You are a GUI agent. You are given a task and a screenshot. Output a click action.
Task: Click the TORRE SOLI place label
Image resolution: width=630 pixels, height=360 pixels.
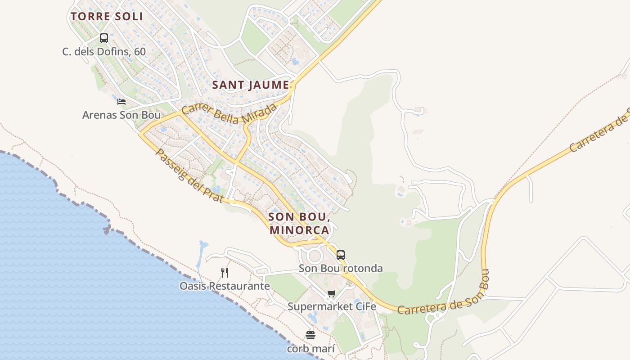point(107,17)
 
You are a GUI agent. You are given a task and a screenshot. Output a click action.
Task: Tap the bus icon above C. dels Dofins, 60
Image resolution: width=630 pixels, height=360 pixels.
point(104,38)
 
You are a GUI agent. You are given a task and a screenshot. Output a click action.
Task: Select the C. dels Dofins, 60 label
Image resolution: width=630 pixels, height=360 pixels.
point(104,52)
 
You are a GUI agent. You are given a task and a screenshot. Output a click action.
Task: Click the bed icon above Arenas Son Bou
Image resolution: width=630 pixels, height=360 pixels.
point(121,102)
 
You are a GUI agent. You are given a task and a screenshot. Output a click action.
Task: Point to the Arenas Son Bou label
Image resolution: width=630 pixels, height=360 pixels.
point(121,115)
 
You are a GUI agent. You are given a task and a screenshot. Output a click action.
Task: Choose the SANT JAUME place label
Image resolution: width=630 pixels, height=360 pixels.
point(251,85)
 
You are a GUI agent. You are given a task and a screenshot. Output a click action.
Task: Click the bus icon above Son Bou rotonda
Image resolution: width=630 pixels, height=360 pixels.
point(341,255)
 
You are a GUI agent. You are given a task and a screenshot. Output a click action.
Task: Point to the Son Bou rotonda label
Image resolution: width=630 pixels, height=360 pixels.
point(341,269)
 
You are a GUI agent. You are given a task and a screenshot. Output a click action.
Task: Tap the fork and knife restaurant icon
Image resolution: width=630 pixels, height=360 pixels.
point(225,272)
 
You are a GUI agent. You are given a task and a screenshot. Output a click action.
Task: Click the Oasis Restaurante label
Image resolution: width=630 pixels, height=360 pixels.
point(225,286)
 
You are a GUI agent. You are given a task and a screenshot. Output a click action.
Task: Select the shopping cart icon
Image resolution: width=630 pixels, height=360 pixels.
point(332,294)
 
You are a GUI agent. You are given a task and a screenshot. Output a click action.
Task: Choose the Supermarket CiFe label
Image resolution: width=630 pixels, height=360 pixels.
point(332,307)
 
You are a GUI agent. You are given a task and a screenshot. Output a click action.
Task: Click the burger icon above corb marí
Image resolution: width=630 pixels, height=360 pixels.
point(310,335)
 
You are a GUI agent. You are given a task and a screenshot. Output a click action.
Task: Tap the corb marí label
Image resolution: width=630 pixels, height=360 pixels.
point(310,349)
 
